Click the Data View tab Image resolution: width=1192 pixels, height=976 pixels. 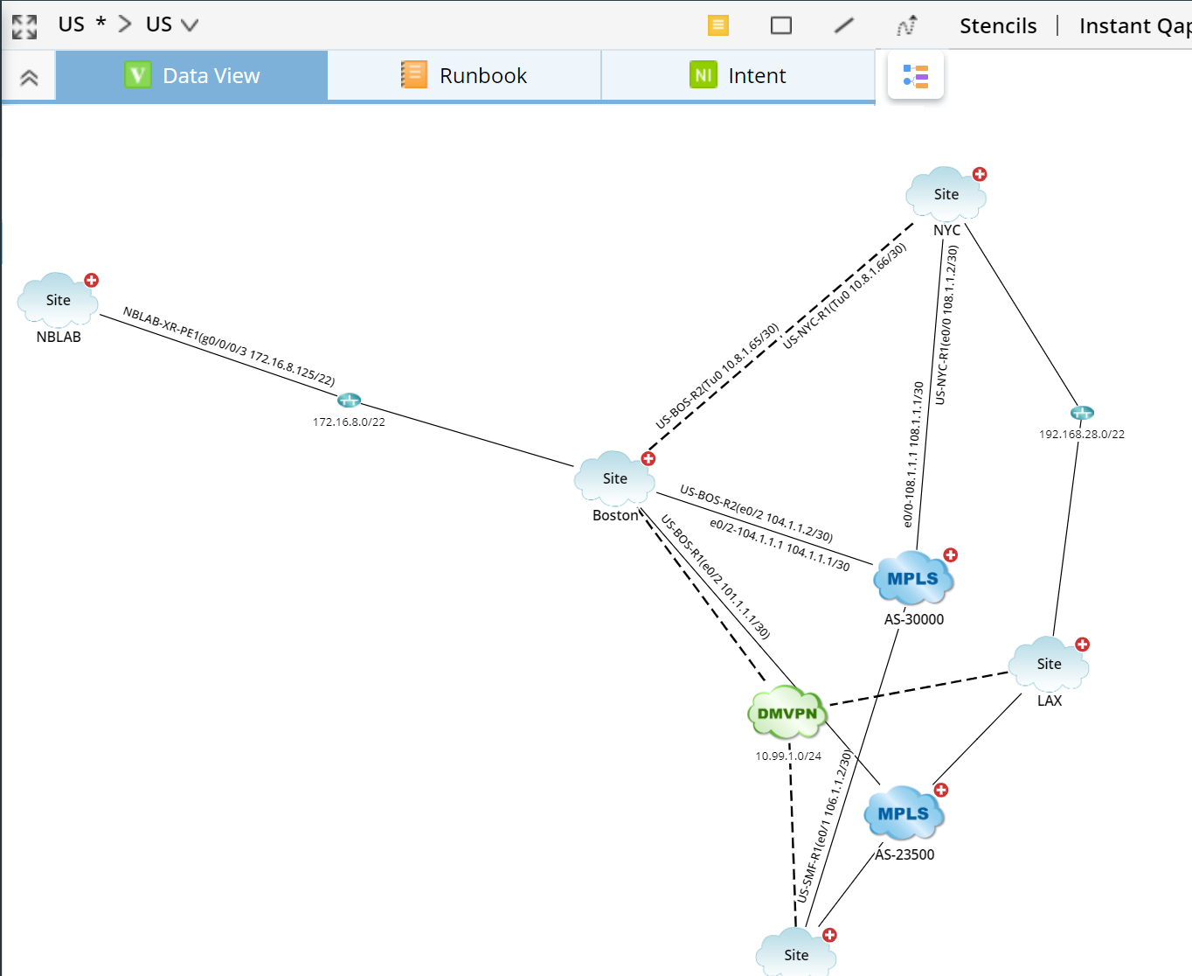(x=192, y=76)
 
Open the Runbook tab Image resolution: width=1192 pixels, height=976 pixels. (x=464, y=76)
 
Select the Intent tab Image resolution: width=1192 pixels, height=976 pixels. (x=738, y=76)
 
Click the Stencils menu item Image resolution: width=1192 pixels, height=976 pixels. (x=998, y=26)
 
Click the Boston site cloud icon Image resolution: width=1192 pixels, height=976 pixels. (x=614, y=479)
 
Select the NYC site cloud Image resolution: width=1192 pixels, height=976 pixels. (x=946, y=195)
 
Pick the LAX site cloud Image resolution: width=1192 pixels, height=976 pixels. (x=1049, y=665)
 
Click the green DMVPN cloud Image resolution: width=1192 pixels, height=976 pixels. (x=787, y=714)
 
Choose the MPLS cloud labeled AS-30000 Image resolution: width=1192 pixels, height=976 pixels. (x=912, y=579)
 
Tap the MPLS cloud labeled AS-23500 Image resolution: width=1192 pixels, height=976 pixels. (x=904, y=814)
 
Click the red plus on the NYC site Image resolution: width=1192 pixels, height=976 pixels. (x=980, y=174)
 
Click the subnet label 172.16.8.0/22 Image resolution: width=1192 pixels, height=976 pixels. (x=349, y=422)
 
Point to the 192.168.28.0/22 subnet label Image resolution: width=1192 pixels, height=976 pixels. (x=1081, y=435)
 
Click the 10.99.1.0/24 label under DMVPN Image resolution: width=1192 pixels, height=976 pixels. (x=788, y=756)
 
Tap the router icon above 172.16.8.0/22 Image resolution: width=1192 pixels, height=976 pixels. (x=349, y=401)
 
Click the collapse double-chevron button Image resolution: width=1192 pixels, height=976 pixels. (x=29, y=78)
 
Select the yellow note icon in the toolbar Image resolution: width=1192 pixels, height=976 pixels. (x=717, y=25)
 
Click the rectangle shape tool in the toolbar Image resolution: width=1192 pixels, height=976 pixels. (x=781, y=25)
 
